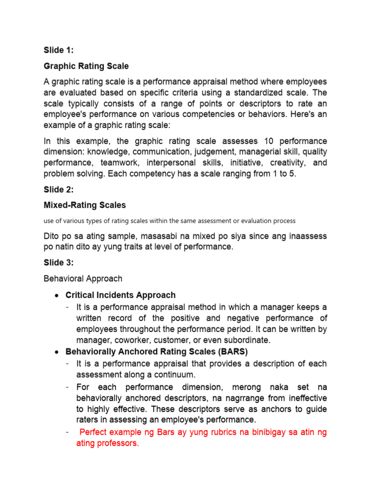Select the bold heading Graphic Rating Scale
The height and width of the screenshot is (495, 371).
pyautogui.click(x=86, y=66)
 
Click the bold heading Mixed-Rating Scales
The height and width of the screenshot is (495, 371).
pyautogui.click(x=85, y=205)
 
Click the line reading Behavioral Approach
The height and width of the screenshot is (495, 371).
pyautogui.click(x=83, y=278)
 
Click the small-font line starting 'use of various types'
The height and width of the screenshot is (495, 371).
pyautogui.click(x=170, y=221)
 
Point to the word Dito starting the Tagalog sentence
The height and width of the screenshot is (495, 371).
pyautogui.click(x=52, y=236)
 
